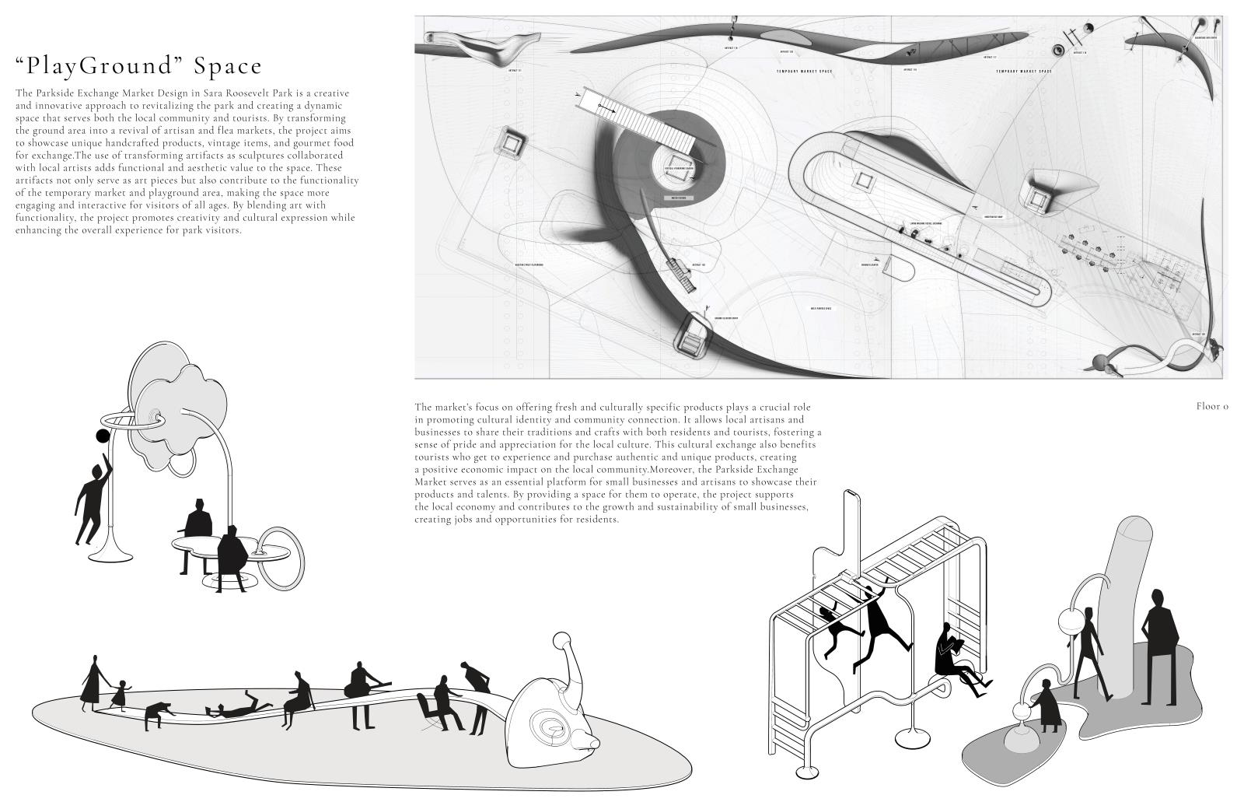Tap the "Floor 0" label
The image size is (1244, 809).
pyautogui.click(x=1212, y=406)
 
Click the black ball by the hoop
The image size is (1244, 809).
pyautogui.click(x=101, y=436)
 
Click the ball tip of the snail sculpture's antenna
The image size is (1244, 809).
pyautogui.click(x=560, y=641)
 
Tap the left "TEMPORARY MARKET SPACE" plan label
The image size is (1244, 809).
pyautogui.click(x=805, y=72)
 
